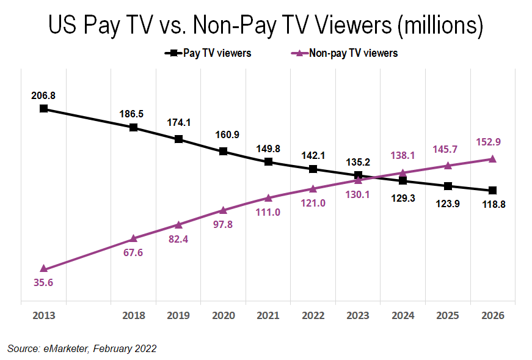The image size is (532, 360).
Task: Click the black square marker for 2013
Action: click(x=43, y=109)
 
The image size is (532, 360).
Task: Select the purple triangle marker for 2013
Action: click(x=43, y=269)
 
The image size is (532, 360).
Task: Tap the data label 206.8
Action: click(x=43, y=95)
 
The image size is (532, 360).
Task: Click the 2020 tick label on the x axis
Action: click(x=223, y=315)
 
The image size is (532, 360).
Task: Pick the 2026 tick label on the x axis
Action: click(x=492, y=315)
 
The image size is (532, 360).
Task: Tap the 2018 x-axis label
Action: click(x=133, y=315)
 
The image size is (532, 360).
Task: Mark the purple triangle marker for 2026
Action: click(x=492, y=159)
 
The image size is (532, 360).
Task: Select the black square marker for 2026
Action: click(x=492, y=191)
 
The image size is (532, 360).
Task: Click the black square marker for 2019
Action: click(x=178, y=139)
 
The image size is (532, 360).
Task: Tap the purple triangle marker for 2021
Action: click(x=268, y=197)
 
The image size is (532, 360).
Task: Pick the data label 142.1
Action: click(x=313, y=155)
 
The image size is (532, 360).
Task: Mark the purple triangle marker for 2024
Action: click(x=403, y=172)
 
